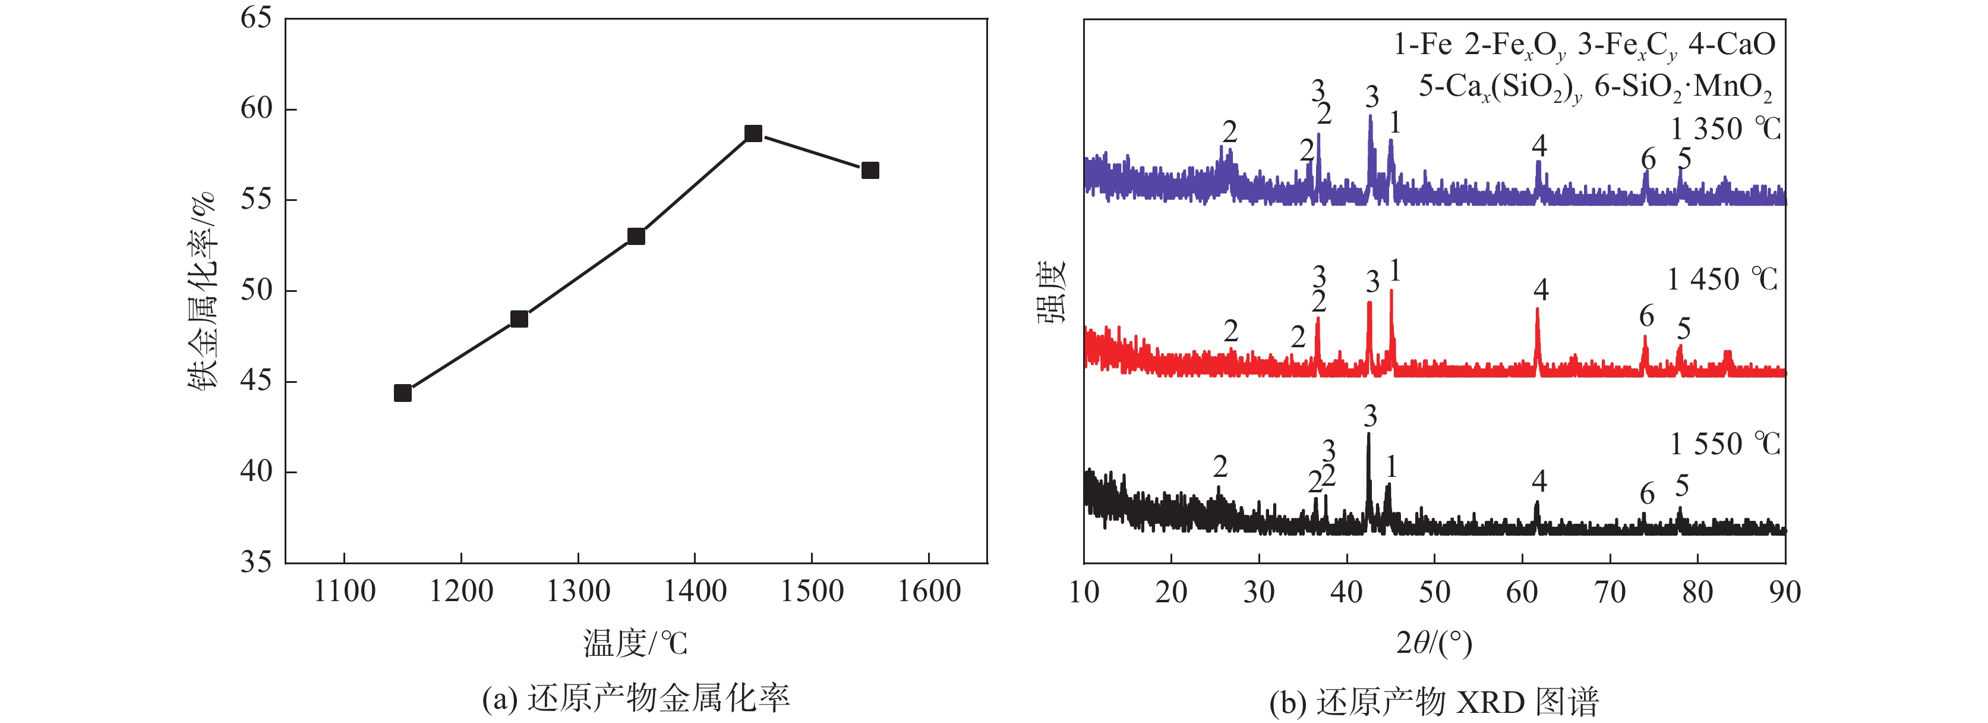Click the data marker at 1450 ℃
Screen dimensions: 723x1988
pos(753,134)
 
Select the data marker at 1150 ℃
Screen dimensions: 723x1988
pos(402,393)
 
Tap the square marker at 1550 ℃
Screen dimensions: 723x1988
pos(870,171)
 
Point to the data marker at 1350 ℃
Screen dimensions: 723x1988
pos(636,237)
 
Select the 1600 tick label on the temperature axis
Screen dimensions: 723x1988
pos(929,592)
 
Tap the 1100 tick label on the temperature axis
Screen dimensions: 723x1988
pos(344,592)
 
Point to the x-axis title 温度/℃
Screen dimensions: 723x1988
pos(635,643)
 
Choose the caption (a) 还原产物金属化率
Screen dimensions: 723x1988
pos(635,698)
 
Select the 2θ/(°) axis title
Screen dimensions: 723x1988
pos(1434,643)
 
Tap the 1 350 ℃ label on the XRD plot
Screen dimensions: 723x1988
pos(1725,129)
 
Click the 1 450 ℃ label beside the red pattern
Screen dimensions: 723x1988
pos(1722,279)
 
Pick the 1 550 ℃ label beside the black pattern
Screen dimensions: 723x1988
pos(1725,444)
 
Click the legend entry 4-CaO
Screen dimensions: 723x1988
pos(1732,45)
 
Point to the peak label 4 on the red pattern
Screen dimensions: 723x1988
pos(1541,290)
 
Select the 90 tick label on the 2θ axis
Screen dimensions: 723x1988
pos(1784,592)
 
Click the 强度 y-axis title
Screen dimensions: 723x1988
pos(1051,292)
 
